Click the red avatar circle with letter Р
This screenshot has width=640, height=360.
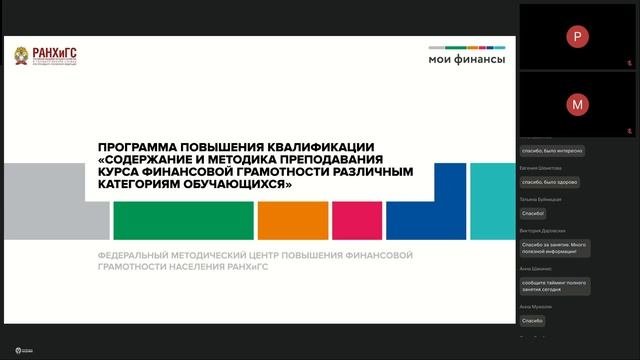[577, 36]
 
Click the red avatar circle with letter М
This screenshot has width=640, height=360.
[577, 103]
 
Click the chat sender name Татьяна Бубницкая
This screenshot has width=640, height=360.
[541, 200]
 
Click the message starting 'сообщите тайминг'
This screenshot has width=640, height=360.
[553, 286]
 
